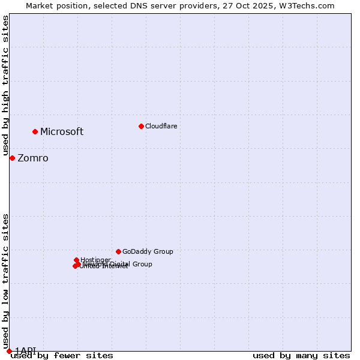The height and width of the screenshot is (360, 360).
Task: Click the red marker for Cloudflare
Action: (141, 126)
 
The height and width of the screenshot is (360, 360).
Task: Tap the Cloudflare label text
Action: (161, 126)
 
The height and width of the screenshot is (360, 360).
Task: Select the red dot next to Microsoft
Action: (35, 131)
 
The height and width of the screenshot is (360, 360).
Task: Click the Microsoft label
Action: (62, 132)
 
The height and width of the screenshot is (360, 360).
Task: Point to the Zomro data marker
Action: (12, 158)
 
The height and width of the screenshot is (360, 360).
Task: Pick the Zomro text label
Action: (33, 158)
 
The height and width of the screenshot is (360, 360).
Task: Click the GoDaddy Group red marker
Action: (118, 251)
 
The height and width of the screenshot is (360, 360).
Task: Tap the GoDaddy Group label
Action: (148, 251)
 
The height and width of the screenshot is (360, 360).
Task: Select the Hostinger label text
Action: (95, 260)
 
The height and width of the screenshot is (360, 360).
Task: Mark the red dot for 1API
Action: (9, 351)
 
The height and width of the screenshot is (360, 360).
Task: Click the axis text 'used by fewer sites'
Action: (62, 356)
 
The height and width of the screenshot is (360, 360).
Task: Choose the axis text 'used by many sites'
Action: (301, 356)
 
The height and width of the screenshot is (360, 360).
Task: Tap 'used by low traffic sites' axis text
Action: (6, 281)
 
